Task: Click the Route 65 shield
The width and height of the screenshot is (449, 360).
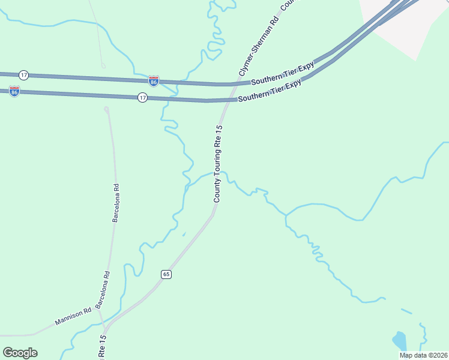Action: click(166, 274)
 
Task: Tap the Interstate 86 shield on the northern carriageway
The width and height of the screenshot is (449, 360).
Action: click(154, 81)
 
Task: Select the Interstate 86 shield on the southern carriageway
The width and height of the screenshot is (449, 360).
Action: click(14, 91)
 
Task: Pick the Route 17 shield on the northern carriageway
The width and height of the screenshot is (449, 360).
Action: click(23, 75)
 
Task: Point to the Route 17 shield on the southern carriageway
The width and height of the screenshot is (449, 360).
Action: click(142, 97)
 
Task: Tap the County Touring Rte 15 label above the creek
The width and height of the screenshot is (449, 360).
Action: click(218, 163)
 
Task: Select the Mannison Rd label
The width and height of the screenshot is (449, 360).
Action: click(73, 316)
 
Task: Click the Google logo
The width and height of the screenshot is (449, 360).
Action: click(20, 353)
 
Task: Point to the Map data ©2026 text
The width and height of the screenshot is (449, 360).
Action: click(423, 355)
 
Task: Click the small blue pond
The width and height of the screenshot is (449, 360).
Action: click(399, 340)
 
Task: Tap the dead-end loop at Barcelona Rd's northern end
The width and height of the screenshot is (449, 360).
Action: click(106, 109)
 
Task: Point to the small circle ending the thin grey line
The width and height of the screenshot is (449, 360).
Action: click(103, 65)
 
